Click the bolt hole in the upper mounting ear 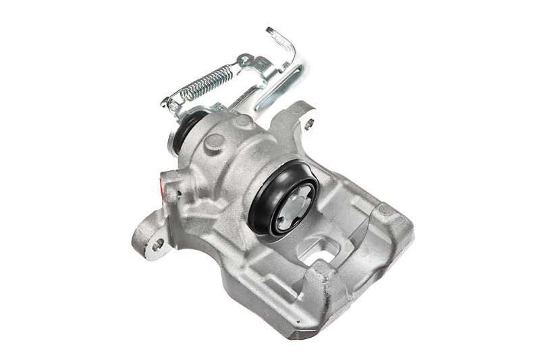click(x=308, y=124)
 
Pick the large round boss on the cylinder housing click(x=214, y=143)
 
